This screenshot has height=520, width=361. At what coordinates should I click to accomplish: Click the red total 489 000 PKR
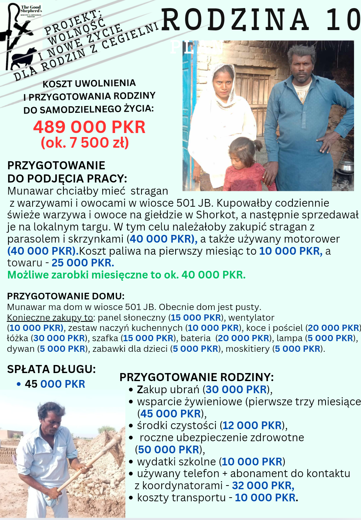(x=89, y=127)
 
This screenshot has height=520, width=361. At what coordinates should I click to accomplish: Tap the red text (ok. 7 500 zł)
(x=85, y=143)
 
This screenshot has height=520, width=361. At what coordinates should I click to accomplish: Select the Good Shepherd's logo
(x=21, y=37)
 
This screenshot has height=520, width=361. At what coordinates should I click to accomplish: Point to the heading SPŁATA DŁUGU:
(x=51, y=369)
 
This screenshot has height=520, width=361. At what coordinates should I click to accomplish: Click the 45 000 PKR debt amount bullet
(x=55, y=384)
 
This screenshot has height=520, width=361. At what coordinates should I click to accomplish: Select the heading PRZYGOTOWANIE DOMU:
(x=66, y=296)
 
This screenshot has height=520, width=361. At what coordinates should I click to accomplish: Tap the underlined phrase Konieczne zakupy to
(x=50, y=317)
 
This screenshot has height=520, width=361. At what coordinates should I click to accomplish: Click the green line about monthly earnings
(x=126, y=275)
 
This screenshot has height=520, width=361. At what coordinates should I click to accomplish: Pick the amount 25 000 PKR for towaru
(x=82, y=263)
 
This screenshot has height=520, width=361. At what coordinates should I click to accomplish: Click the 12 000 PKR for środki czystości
(x=252, y=425)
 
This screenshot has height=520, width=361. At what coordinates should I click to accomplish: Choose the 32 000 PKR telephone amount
(x=263, y=486)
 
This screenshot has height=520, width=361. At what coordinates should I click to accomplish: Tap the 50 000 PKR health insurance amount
(x=169, y=450)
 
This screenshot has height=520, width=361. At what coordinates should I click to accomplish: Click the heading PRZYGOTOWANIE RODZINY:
(x=196, y=377)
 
